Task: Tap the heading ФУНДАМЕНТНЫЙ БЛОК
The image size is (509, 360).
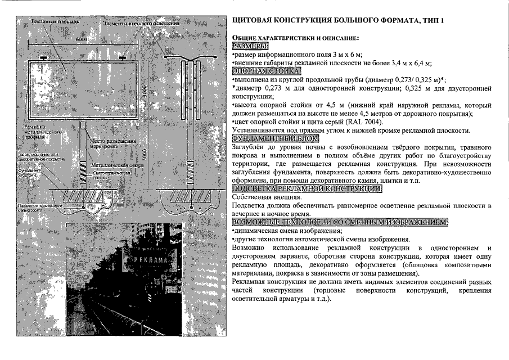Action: [275, 138]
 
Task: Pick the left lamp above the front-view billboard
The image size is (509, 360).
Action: [43, 58]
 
